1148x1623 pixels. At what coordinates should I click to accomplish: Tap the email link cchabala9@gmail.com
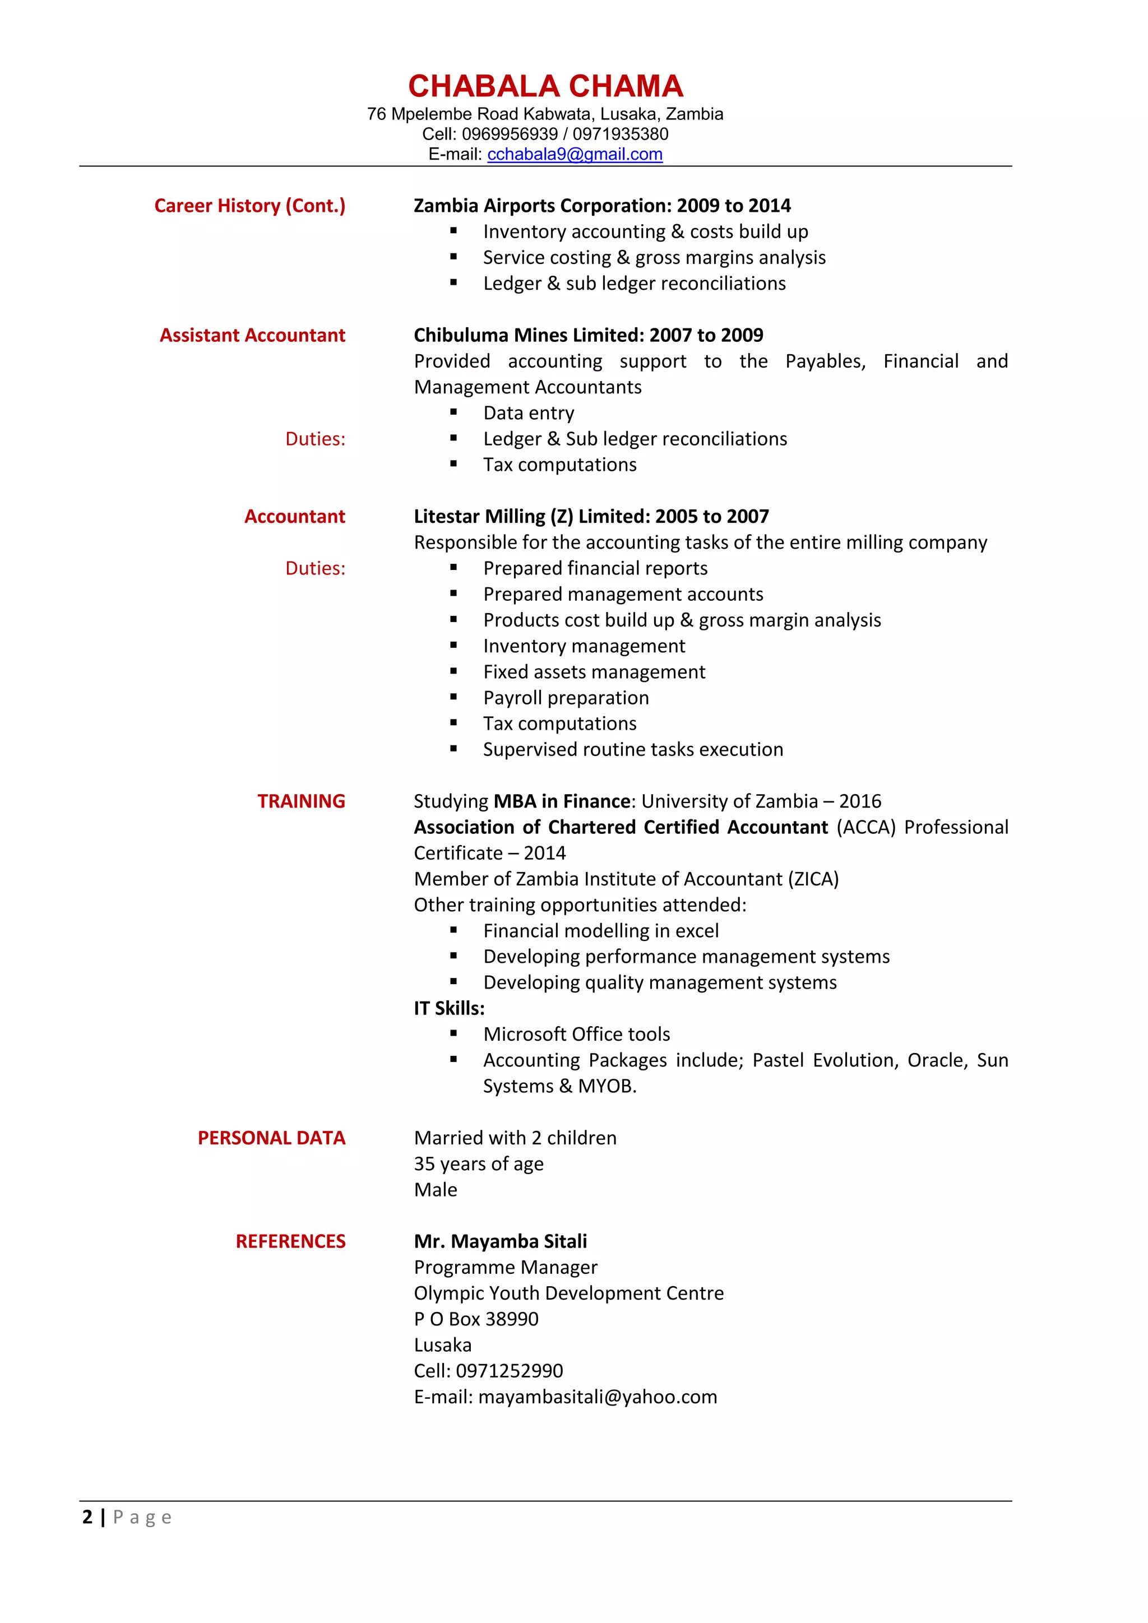pos(575,154)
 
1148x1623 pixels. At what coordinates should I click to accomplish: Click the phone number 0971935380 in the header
pos(620,135)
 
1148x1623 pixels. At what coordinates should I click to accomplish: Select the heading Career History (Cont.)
pos(249,206)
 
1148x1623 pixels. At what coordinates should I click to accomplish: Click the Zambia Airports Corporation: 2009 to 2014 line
pos(601,206)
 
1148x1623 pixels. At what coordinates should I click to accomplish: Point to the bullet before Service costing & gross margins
pos(454,257)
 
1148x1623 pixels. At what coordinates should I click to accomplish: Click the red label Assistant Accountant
pos(252,335)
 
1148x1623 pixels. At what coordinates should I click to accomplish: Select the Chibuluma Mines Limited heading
pos(588,335)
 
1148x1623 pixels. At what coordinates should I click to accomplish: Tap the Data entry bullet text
pos(528,413)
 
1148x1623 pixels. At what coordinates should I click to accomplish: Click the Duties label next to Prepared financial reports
pos(315,568)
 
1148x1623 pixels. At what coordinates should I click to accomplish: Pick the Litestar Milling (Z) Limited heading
pos(591,517)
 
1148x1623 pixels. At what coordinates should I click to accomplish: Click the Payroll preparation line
pos(566,698)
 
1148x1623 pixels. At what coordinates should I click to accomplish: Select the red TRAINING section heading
pos(301,801)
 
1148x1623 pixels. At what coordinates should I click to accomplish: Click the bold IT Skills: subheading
pos(449,1008)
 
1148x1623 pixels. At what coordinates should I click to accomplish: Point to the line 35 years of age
pos(479,1163)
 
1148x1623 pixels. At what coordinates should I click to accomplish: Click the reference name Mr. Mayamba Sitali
pos(500,1241)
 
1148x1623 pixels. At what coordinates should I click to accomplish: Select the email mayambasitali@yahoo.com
pos(598,1397)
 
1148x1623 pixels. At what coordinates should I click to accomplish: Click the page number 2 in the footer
pos(87,1517)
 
